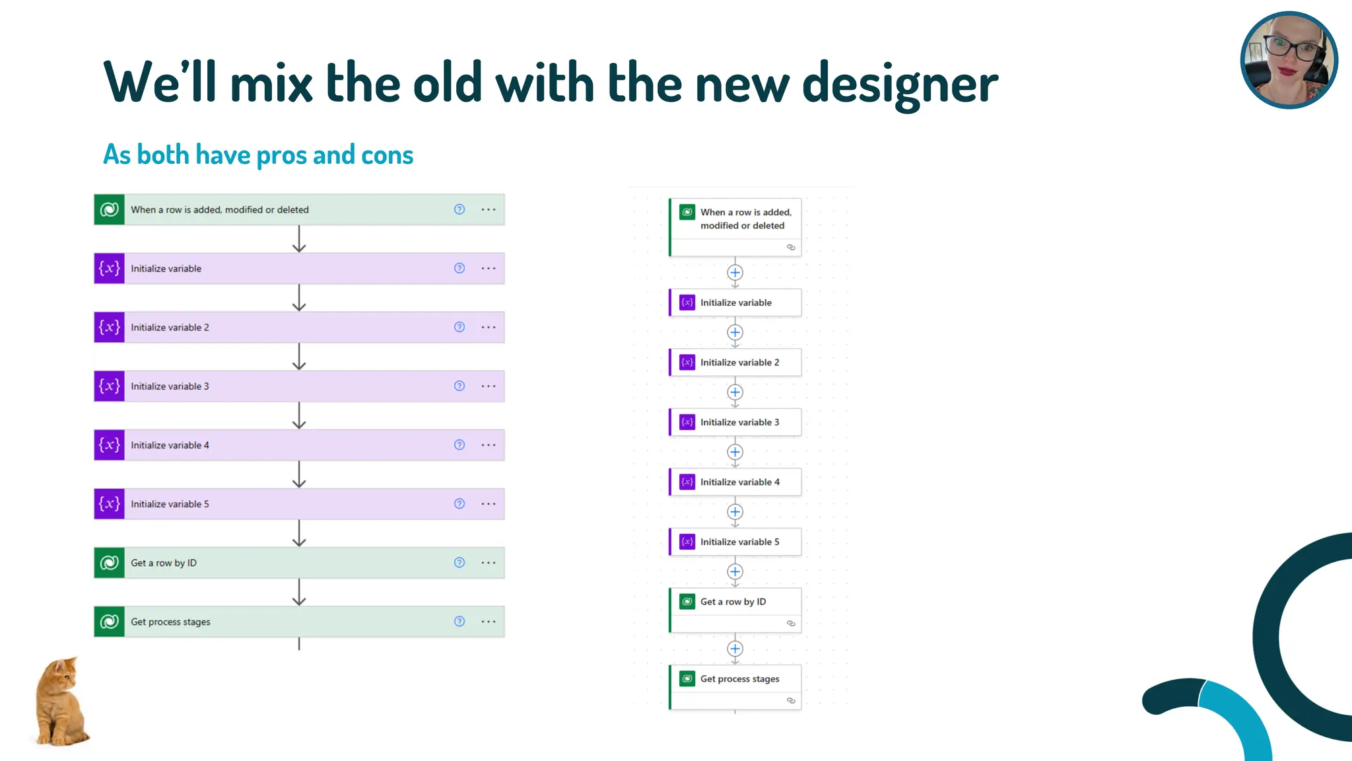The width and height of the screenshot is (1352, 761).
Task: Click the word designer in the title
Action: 900,85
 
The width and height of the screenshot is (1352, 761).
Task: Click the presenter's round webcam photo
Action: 1289,60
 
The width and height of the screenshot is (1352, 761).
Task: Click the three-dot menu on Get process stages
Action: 489,622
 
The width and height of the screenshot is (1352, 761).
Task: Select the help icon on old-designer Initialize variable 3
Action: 459,386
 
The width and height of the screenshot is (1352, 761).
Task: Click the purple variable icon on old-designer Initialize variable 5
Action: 110,504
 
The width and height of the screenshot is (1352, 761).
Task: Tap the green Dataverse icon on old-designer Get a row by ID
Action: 110,563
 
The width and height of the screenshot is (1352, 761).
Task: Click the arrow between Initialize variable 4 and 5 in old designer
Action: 299,474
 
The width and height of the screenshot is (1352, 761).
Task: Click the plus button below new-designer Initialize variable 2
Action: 735,392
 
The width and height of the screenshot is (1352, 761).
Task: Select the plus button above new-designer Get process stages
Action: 735,649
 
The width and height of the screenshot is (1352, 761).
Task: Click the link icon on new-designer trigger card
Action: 791,247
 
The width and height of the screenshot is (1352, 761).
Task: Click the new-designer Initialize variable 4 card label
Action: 739,482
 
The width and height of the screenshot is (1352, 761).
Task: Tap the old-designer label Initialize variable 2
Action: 170,328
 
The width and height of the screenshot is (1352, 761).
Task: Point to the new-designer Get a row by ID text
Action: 733,602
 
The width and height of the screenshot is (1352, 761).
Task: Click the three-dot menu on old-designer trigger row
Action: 489,209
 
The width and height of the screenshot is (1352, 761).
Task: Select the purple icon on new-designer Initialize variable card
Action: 687,303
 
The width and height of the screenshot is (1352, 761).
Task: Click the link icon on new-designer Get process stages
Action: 791,701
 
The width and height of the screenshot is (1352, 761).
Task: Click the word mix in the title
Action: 271,85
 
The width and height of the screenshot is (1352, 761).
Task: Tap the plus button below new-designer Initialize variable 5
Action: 735,572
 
